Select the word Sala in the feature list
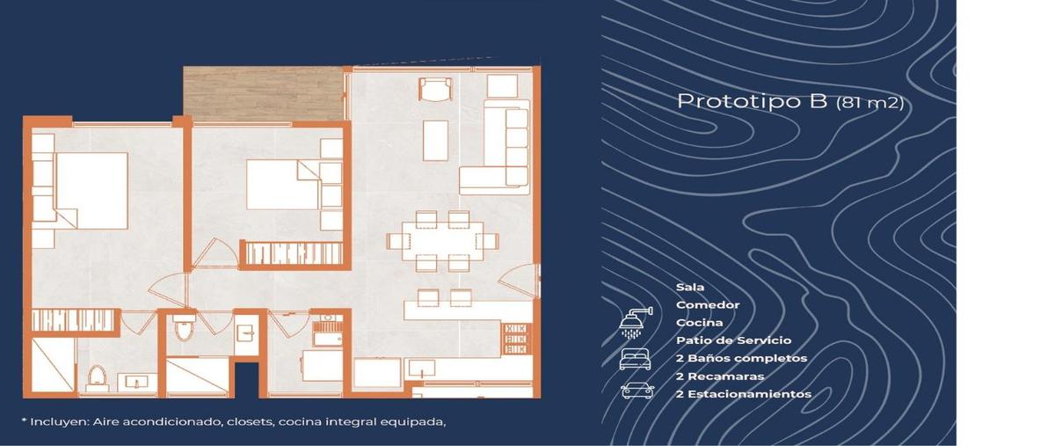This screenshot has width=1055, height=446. tap(690, 288)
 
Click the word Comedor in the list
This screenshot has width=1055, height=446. tap(708, 305)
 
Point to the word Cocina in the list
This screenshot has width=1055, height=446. tap(700, 323)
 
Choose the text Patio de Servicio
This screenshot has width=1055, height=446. tap(733, 340)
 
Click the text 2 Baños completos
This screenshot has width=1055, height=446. tap(741, 358)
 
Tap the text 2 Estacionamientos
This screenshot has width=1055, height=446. tap(743, 394)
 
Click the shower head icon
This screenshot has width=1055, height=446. tap(636, 323)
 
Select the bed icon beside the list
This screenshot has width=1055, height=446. tap(636, 359)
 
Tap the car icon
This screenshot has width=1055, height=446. tap(636, 391)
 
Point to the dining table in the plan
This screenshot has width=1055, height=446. tap(442, 240)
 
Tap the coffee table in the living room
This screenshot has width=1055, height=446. tap(437, 140)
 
